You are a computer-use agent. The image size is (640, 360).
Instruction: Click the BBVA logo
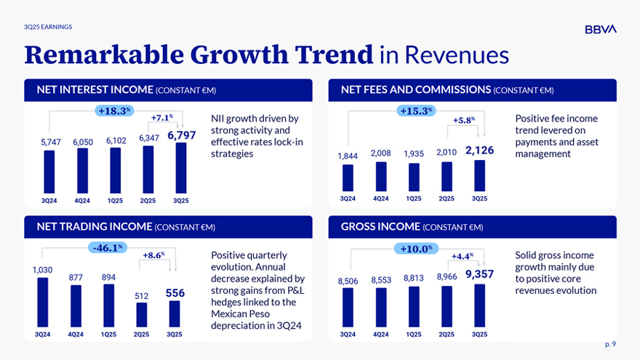[600, 29]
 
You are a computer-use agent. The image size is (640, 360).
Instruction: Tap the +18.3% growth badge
[114, 111]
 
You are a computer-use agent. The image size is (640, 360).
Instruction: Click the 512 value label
[142, 295]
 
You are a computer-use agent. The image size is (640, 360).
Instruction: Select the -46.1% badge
[108, 248]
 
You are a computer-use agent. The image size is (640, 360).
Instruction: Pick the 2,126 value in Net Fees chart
[479, 151]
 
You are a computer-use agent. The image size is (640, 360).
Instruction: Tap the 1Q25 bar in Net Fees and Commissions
[414, 177]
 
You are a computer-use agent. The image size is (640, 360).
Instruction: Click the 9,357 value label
[479, 274]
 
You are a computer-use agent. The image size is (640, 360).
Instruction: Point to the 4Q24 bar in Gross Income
[381, 307]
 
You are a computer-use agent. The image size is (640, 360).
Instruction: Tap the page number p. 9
[609, 344]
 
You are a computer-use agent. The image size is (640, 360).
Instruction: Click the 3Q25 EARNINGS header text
[47, 27]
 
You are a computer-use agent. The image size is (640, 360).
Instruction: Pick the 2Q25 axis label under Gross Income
[447, 335]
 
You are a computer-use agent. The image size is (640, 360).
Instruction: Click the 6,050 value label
[82, 143]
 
